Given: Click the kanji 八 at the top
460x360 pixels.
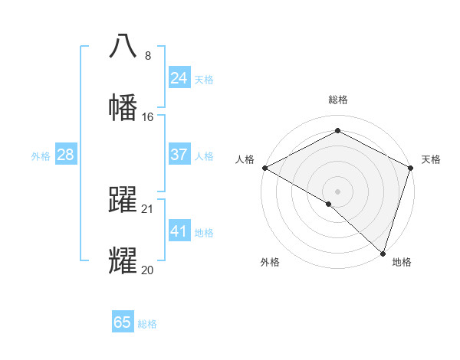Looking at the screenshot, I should pos(123,46).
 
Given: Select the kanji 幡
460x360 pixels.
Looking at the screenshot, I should pos(123,107).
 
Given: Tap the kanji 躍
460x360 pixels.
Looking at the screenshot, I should pos(123,199).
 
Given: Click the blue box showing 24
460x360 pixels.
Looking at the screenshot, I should pos(179,78).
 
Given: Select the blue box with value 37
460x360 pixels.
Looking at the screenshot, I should pos(179,155).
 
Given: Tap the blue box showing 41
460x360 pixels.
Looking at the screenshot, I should pos(179,231).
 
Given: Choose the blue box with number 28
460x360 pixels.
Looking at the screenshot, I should pos(65,155).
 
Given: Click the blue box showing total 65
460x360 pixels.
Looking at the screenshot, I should pos(123,322).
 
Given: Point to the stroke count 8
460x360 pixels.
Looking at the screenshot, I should pos(148,55).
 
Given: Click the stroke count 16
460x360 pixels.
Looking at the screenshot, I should pos(148,117).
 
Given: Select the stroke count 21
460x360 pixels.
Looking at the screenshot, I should pos(148,208).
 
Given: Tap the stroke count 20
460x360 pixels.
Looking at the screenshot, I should pos(148,270).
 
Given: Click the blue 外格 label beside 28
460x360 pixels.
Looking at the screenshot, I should pos(41,156).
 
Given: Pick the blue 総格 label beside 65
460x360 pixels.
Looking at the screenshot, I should pos(147,324).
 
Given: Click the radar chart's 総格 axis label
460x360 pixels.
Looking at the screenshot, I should pos(338,100).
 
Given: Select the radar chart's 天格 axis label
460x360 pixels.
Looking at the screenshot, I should pos(431,159).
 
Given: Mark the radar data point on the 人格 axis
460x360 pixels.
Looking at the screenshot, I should pos(264,168).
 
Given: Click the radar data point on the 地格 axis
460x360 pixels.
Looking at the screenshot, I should pos(383,253).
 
